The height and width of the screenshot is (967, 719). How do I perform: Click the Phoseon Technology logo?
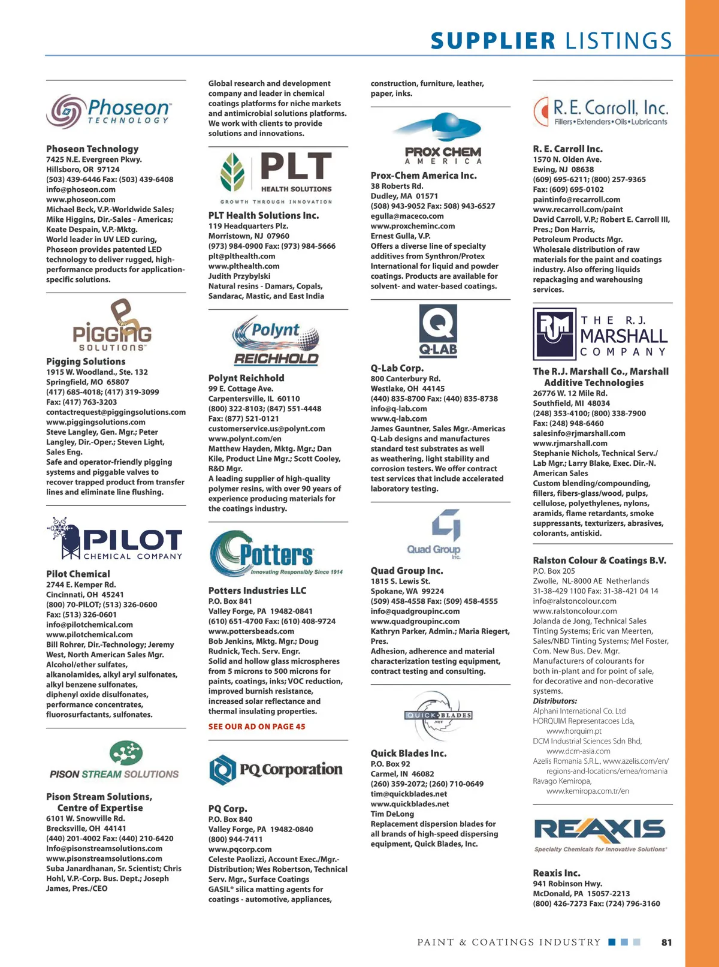(109, 112)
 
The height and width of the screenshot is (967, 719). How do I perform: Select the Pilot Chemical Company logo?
(115, 539)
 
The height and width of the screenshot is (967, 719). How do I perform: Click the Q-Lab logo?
(438, 330)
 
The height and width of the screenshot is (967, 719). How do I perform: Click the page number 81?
(666, 942)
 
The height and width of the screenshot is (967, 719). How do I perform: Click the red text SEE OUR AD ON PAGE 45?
(256, 727)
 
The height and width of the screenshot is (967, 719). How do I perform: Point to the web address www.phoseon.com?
(81, 200)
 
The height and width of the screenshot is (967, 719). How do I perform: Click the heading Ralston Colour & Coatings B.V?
(599, 561)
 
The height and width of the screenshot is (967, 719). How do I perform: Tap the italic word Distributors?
(555, 701)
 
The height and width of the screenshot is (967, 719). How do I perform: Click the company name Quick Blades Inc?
(409, 754)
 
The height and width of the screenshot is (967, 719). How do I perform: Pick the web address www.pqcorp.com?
(240, 849)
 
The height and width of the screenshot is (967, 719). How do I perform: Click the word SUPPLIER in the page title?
(493, 41)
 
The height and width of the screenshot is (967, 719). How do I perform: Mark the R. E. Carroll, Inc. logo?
(600, 112)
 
